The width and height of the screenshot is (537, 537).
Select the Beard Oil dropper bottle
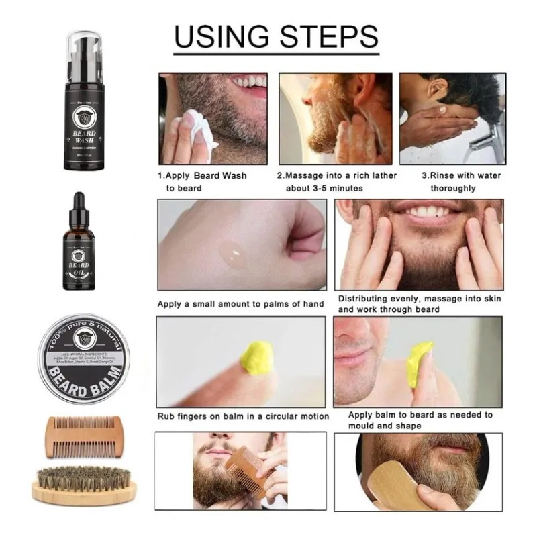pyautogui.click(x=80, y=246)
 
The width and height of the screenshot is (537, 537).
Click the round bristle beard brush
pyautogui.click(x=84, y=485)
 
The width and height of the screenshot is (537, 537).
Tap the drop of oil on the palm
pyautogui.click(x=233, y=251)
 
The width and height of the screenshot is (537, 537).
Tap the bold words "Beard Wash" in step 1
pyautogui.click(x=220, y=176)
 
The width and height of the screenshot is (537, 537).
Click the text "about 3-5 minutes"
pyautogui.click(x=324, y=189)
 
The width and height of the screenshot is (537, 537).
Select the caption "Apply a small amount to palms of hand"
pyautogui.click(x=240, y=304)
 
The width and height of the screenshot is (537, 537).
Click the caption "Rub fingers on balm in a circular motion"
pyautogui.click(x=243, y=416)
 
